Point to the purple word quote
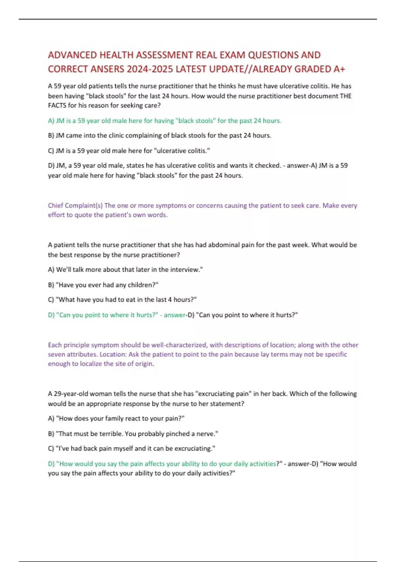tap(83, 215)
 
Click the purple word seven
tap(56, 354)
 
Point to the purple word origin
tap(144, 364)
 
